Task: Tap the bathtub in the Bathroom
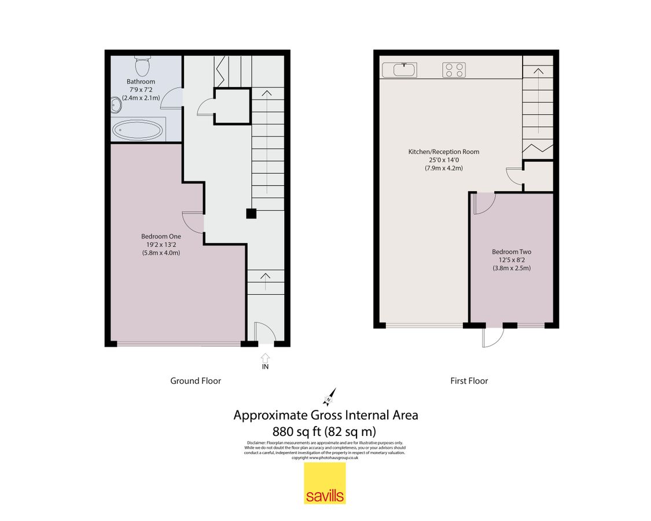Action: [137, 129]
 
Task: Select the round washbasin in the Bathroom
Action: [116, 104]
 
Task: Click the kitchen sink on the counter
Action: [403, 70]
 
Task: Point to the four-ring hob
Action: [454, 70]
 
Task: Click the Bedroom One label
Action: [161, 236]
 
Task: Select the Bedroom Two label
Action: [511, 252]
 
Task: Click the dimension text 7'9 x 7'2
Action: [141, 90]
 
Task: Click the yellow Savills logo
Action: [325, 483]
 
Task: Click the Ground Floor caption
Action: [195, 381]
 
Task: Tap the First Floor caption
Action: [469, 381]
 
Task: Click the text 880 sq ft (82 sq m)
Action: [325, 431]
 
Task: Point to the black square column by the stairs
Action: [251, 214]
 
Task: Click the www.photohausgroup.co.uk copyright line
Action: [325, 458]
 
